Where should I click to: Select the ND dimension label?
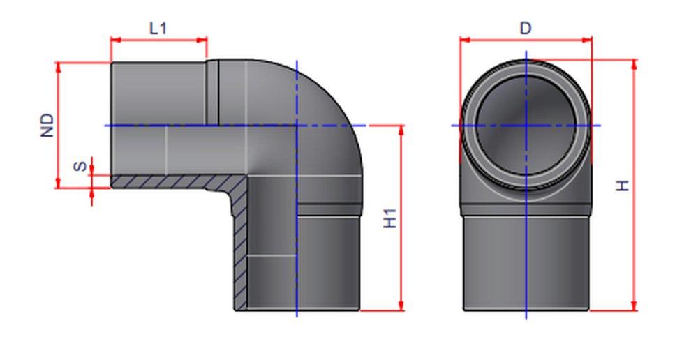(x=47, y=125)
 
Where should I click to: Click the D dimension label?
(x=526, y=28)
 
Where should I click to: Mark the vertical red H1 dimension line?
(x=401, y=230)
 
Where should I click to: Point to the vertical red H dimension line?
(x=634, y=209)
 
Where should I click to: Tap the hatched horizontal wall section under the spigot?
(x=168, y=182)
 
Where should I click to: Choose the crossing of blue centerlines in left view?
(x=297, y=126)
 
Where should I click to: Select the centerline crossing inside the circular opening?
(x=526, y=126)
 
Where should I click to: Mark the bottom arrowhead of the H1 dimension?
(x=401, y=306)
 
